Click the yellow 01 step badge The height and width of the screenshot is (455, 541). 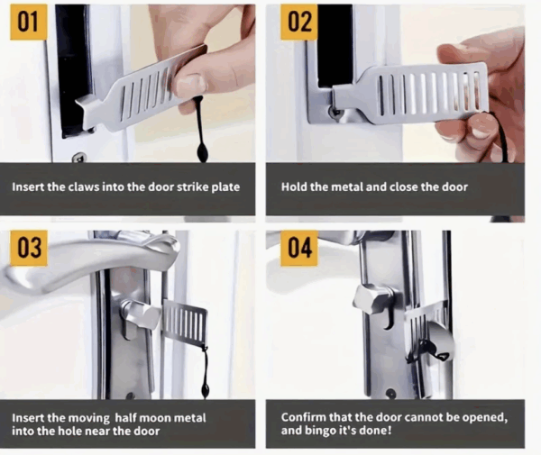[x=28, y=22]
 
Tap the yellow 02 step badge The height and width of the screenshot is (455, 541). [x=298, y=22]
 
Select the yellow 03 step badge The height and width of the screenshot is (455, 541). [x=29, y=248]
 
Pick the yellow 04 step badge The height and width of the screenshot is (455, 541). [x=299, y=248]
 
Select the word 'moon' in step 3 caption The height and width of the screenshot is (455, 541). [x=157, y=418]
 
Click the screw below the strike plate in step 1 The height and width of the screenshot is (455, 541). [x=79, y=157]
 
